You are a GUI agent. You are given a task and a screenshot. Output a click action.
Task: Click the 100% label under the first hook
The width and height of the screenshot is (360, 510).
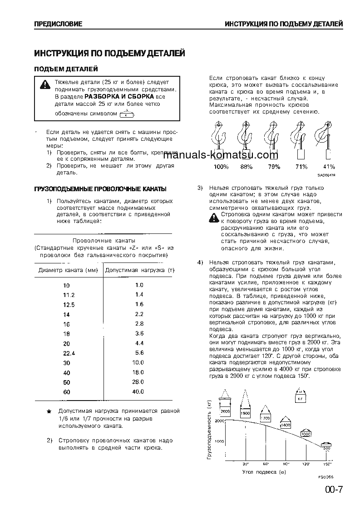coord(221,167)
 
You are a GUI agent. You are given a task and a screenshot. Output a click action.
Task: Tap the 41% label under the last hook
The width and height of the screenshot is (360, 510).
coord(328,167)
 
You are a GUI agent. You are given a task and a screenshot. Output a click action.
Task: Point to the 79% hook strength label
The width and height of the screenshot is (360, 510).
coord(274,167)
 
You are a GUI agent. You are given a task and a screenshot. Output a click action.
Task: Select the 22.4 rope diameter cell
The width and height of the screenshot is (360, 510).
coord(69,353)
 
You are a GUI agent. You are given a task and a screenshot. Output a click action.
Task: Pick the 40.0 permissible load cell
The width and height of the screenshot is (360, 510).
coord(138,391)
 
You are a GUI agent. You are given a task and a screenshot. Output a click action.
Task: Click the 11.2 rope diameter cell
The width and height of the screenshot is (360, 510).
coord(69,295)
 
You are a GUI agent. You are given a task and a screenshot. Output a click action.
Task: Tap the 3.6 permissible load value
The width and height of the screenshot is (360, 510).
coord(139,333)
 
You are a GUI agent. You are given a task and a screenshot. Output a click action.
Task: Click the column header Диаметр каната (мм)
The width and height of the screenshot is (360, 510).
coord(68,270)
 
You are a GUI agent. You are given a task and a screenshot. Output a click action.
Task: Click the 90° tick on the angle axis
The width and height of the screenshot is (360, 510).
coord(286,464)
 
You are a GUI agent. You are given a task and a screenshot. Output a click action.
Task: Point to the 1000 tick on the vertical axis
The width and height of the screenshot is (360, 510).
coord(219,441)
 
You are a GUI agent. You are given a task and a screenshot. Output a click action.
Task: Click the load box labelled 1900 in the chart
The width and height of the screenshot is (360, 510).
coord(246,414)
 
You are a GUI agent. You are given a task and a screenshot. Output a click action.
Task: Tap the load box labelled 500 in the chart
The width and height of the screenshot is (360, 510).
coord(326,448)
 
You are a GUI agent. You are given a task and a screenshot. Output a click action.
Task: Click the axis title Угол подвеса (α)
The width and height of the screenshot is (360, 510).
coord(264,472)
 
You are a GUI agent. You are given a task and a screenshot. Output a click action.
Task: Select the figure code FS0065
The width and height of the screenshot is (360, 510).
coord(326,478)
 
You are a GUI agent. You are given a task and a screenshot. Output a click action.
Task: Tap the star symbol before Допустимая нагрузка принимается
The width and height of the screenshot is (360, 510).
coord(49,411)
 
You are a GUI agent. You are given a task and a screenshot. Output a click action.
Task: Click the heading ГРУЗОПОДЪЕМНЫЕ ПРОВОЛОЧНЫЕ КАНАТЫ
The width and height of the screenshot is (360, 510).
coord(100,188)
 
